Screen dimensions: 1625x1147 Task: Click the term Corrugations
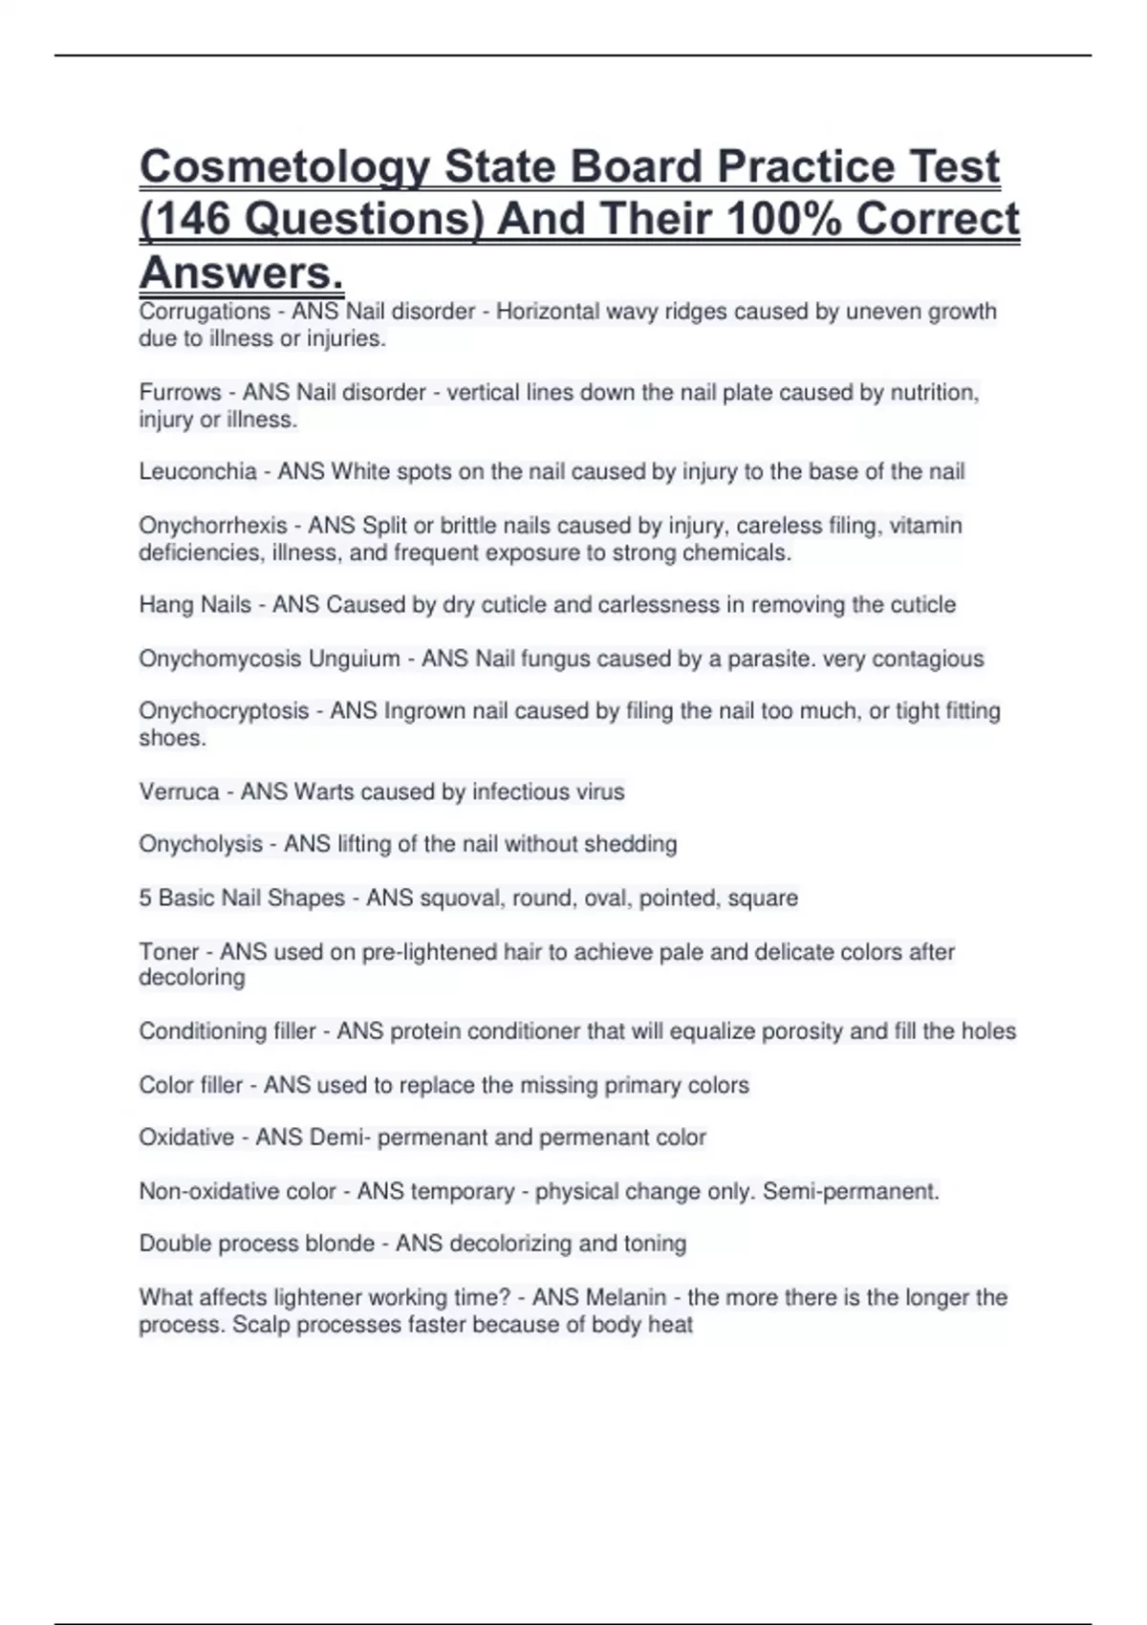(205, 312)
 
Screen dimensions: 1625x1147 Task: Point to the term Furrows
(180, 393)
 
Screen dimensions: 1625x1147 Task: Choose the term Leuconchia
(198, 472)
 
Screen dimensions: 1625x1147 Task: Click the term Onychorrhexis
(213, 526)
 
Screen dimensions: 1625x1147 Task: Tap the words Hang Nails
(195, 605)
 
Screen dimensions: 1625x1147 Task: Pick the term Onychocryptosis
(224, 711)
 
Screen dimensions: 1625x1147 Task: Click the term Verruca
(179, 792)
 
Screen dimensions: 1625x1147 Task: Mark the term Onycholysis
(201, 844)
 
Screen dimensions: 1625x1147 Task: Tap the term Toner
(167, 952)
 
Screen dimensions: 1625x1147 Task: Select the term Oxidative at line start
(186, 1137)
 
